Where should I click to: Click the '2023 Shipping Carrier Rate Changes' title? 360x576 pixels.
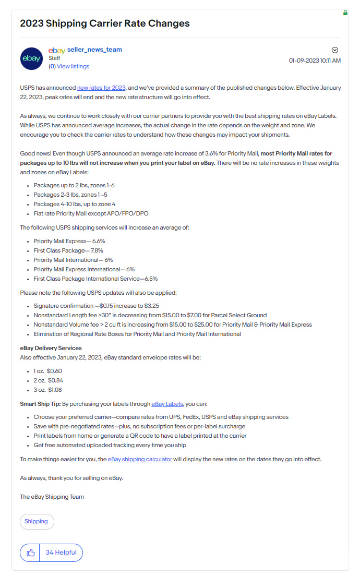[x=105, y=23]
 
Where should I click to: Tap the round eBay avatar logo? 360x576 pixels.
[x=31, y=58]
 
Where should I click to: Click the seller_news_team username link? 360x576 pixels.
[x=94, y=50]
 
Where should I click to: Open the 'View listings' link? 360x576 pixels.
[x=73, y=66]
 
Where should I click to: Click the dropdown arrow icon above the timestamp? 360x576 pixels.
[x=335, y=50]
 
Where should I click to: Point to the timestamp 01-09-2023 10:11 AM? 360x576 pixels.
[x=315, y=61]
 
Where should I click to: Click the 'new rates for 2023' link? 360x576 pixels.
[x=101, y=88]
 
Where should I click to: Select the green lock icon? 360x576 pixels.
[x=345, y=13]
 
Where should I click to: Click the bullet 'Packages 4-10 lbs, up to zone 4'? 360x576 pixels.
[x=75, y=204]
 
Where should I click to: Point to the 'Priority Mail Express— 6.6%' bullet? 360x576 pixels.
[x=69, y=241]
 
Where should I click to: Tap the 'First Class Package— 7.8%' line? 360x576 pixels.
[x=68, y=250]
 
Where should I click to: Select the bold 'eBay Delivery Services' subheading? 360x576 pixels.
[x=51, y=348]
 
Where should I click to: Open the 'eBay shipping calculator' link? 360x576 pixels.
[x=140, y=459]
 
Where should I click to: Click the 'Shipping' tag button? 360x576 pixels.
[x=37, y=521]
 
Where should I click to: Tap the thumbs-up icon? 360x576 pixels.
[x=30, y=553]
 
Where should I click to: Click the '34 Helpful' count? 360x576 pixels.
[x=61, y=553]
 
